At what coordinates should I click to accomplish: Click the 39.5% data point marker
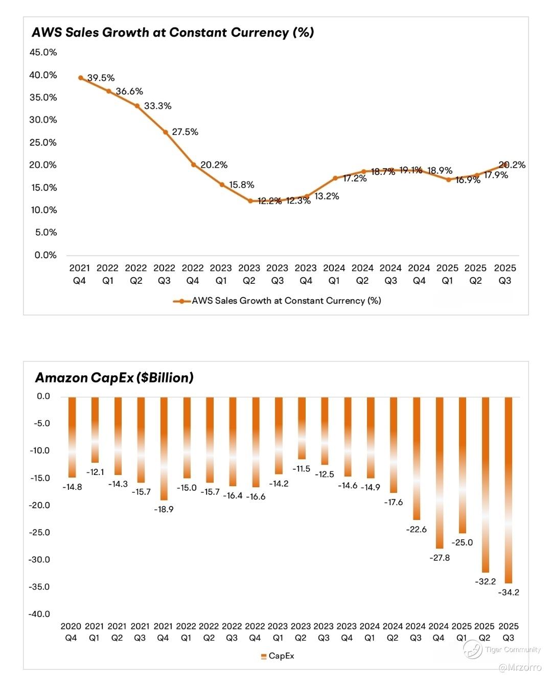point(81,78)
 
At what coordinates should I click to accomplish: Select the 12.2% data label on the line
point(269,201)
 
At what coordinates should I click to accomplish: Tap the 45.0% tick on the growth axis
point(43,52)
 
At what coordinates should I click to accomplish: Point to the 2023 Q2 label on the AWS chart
point(249,274)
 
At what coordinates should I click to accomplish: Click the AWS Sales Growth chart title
point(173,33)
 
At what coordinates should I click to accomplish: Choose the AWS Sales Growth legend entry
point(278,301)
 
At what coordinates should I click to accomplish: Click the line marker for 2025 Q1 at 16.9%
point(448,179)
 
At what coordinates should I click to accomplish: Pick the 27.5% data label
point(185,132)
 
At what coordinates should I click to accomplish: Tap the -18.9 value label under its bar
point(164,509)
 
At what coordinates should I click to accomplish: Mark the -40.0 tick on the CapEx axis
point(39,614)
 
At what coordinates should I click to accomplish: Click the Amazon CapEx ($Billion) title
point(114,378)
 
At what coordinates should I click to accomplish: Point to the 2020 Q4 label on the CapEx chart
point(71,632)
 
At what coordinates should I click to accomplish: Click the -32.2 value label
point(485,581)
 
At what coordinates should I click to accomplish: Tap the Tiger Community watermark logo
point(473,649)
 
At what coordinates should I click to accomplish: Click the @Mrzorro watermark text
point(520,667)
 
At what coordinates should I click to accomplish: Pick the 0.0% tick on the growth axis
point(45,255)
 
